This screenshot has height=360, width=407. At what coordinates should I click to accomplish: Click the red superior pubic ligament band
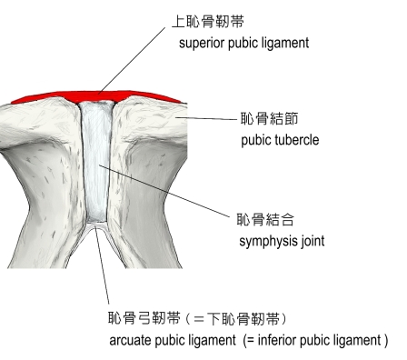(97, 97)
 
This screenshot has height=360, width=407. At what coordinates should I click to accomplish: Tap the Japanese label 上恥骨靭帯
(208, 22)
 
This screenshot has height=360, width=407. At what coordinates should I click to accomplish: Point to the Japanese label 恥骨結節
(270, 118)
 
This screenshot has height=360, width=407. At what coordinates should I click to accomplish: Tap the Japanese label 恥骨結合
(265, 219)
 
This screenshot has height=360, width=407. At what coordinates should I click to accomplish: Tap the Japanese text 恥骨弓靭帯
(144, 318)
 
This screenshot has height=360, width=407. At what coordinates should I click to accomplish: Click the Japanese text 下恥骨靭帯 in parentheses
(243, 319)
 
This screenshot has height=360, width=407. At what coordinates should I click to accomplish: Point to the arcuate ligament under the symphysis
(96, 225)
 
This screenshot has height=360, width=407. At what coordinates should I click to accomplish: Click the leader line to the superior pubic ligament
(132, 61)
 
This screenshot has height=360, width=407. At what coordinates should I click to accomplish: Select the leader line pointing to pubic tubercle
(206, 118)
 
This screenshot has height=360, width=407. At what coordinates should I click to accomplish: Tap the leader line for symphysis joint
(164, 191)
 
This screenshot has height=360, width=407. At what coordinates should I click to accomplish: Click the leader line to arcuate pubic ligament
(102, 265)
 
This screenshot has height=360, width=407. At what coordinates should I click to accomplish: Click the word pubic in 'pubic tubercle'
(256, 140)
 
